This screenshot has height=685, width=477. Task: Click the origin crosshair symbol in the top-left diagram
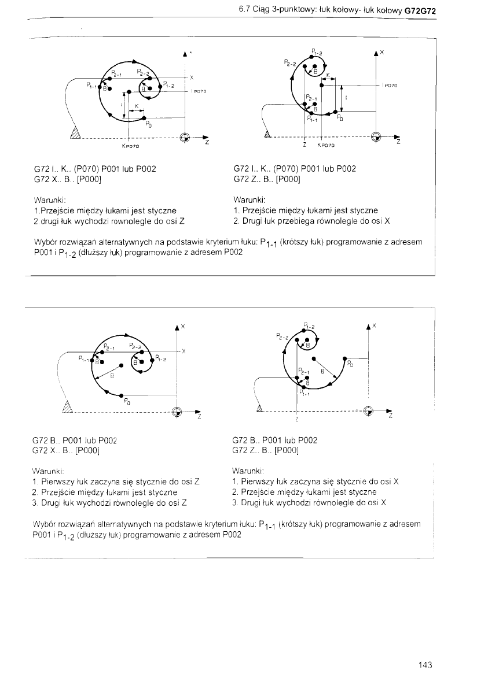click(185, 137)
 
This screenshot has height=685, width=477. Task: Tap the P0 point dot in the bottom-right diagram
click(345, 358)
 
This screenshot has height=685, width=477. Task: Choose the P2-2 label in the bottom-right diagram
click(282, 335)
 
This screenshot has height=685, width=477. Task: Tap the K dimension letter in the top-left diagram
click(137, 105)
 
